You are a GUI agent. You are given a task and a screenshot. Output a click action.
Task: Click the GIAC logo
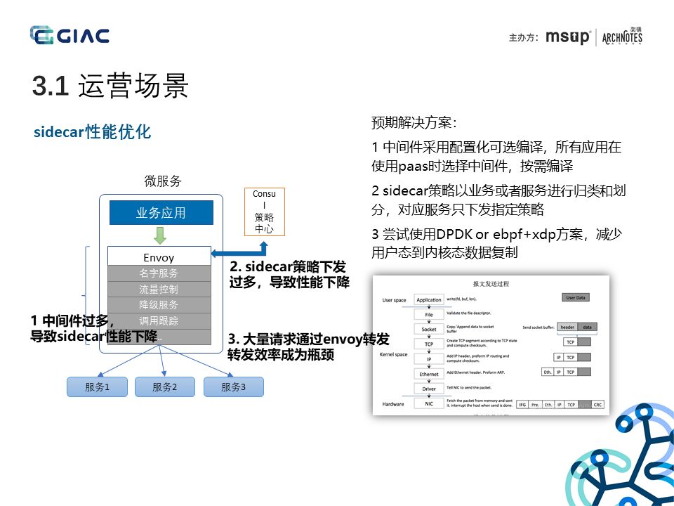coord(70,35)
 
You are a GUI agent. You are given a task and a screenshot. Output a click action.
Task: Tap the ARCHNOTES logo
coord(622,37)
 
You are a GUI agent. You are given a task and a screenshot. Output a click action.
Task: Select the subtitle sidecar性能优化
coord(92,132)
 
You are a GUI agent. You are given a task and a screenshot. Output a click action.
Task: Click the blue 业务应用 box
coord(161,213)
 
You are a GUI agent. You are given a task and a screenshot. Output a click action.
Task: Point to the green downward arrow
coord(161,235)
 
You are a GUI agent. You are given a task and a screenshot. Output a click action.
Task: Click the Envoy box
coord(159,258)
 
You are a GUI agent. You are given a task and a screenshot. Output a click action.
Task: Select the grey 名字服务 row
coord(159,273)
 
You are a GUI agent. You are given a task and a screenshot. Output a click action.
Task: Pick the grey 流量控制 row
coord(159,289)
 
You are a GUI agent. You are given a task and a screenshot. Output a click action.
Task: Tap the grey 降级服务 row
coord(159,305)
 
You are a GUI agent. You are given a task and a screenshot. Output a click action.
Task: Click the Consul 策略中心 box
coord(264,211)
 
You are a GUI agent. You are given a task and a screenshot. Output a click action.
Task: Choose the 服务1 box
coord(97,387)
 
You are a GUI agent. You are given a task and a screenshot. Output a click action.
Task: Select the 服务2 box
coord(164,387)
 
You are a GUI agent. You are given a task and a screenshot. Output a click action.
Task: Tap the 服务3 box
coord(233,387)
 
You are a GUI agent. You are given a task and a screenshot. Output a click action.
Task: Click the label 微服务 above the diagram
coord(163,181)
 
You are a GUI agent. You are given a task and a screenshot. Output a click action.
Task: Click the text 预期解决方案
coord(414,123)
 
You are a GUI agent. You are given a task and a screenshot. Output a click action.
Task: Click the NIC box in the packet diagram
coord(429,403)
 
